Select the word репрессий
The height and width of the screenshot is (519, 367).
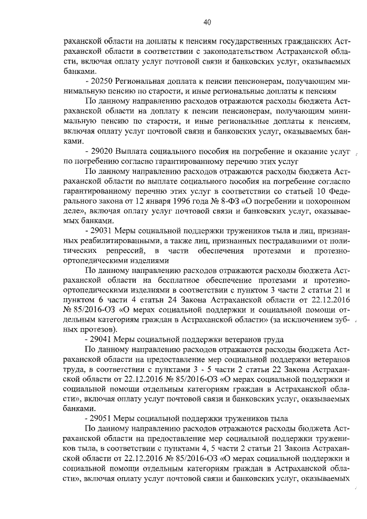pos(122,252)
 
